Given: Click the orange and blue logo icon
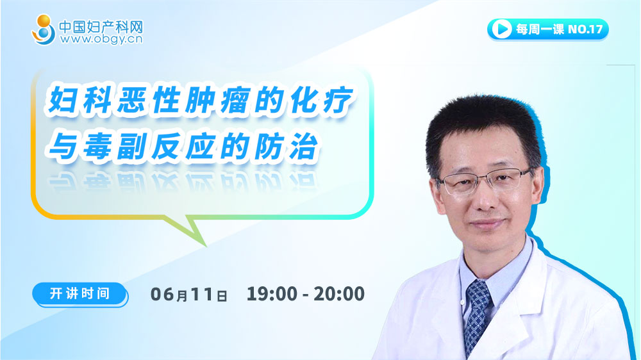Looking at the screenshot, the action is point(44,30).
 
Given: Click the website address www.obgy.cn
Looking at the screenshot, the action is point(101,39).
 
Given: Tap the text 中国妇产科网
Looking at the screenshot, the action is point(101,27).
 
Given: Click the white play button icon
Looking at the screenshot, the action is point(502,29).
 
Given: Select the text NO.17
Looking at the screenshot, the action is point(585,29).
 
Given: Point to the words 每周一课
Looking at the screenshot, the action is point(540,29).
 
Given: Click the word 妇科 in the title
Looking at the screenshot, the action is point(80,100).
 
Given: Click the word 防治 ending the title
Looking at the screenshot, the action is point(286,146).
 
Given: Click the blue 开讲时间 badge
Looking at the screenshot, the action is point(80,294).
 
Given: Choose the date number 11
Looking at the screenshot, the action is point(201,294).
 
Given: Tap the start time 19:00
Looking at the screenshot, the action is point(272,294).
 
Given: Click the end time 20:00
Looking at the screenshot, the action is point(339,294).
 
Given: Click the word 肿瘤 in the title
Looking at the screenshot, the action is point(218,100).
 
